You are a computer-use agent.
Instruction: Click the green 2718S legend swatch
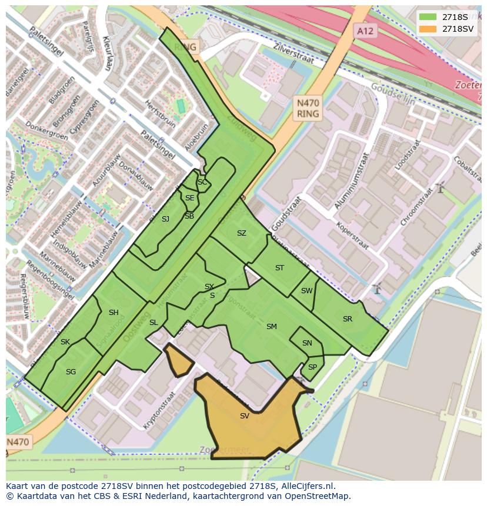coord(428,17)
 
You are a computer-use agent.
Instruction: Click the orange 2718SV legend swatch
coord(428,29)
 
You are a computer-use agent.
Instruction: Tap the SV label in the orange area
coord(245,416)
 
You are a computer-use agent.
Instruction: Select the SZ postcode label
coord(241,233)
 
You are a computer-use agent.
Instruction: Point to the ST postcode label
coord(279,268)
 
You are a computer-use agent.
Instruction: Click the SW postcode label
coord(306,291)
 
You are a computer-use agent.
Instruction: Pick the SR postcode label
coord(348,319)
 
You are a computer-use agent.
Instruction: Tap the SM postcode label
coord(271,327)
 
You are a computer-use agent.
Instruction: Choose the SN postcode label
coord(307,343)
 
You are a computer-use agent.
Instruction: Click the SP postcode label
coord(312,367)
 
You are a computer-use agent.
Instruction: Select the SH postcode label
coord(114,313)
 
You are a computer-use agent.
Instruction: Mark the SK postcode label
coord(65,342)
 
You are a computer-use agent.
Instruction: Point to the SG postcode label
coord(71,372)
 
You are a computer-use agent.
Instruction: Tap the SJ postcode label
coord(165,219)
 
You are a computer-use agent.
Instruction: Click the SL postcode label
coord(154,323)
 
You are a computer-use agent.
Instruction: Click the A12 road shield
coord(365,31)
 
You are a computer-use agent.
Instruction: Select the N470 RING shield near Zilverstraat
coord(308,108)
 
